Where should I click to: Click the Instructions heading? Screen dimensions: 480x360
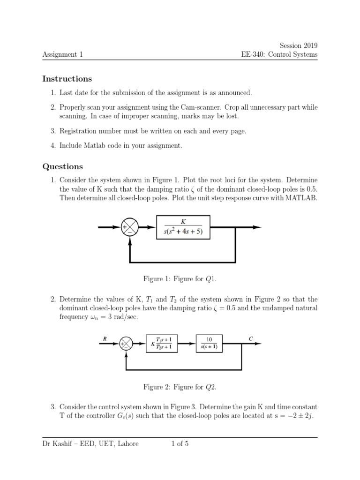pyautogui.click(x=67, y=79)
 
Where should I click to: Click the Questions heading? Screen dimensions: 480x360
pyautogui.click(x=62, y=166)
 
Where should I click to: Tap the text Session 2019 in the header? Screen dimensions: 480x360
pyautogui.click(x=298, y=45)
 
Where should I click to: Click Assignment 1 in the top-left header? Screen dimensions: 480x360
pyautogui.click(x=62, y=54)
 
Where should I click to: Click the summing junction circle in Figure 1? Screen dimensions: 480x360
pyautogui.click(x=129, y=227)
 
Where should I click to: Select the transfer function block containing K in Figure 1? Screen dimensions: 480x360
pyautogui.click(x=183, y=227)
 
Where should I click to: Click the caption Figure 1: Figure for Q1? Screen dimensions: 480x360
pyautogui.click(x=180, y=279)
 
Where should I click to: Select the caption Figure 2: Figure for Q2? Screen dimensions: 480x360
pyautogui.click(x=180, y=387)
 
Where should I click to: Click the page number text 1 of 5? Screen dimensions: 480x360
pyautogui.click(x=180, y=443)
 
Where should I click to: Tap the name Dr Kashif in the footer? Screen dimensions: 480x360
pyautogui.click(x=59, y=443)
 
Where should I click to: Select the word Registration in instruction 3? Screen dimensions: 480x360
pyautogui.click(x=80, y=131)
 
